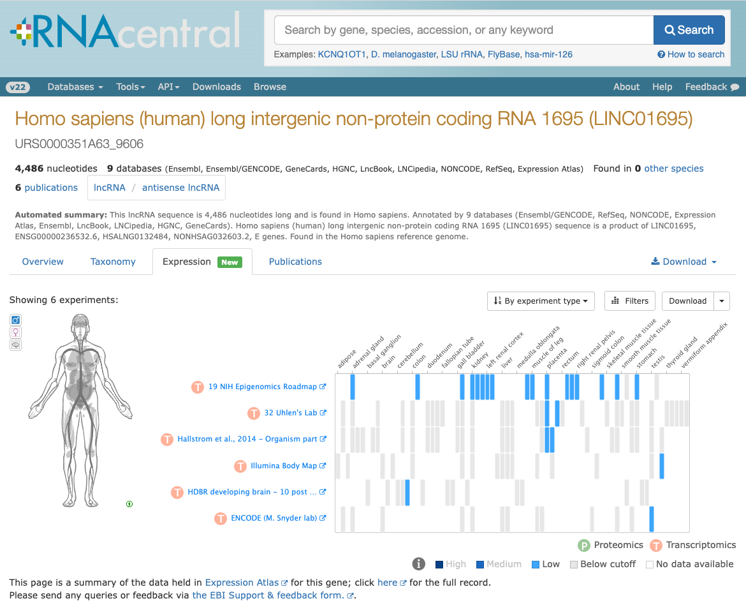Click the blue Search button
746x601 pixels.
(689, 30)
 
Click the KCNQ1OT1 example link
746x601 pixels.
(342, 54)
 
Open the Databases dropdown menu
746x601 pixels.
(75, 87)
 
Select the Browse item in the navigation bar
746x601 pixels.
(270, 87)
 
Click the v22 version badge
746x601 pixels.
(18, 87)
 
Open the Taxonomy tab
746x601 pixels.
(113, 262)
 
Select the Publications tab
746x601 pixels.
(295, 262)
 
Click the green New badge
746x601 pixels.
(230, 262)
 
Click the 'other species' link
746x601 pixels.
(674, 168)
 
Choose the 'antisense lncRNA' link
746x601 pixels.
(181, 188)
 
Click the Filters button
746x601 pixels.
(630, 301)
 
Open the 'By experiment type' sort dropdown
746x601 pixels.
(541, 301)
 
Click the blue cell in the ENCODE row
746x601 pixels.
(652, 519)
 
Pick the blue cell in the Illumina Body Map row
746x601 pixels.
(661, 466)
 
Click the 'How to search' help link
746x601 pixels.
(691, 54)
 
